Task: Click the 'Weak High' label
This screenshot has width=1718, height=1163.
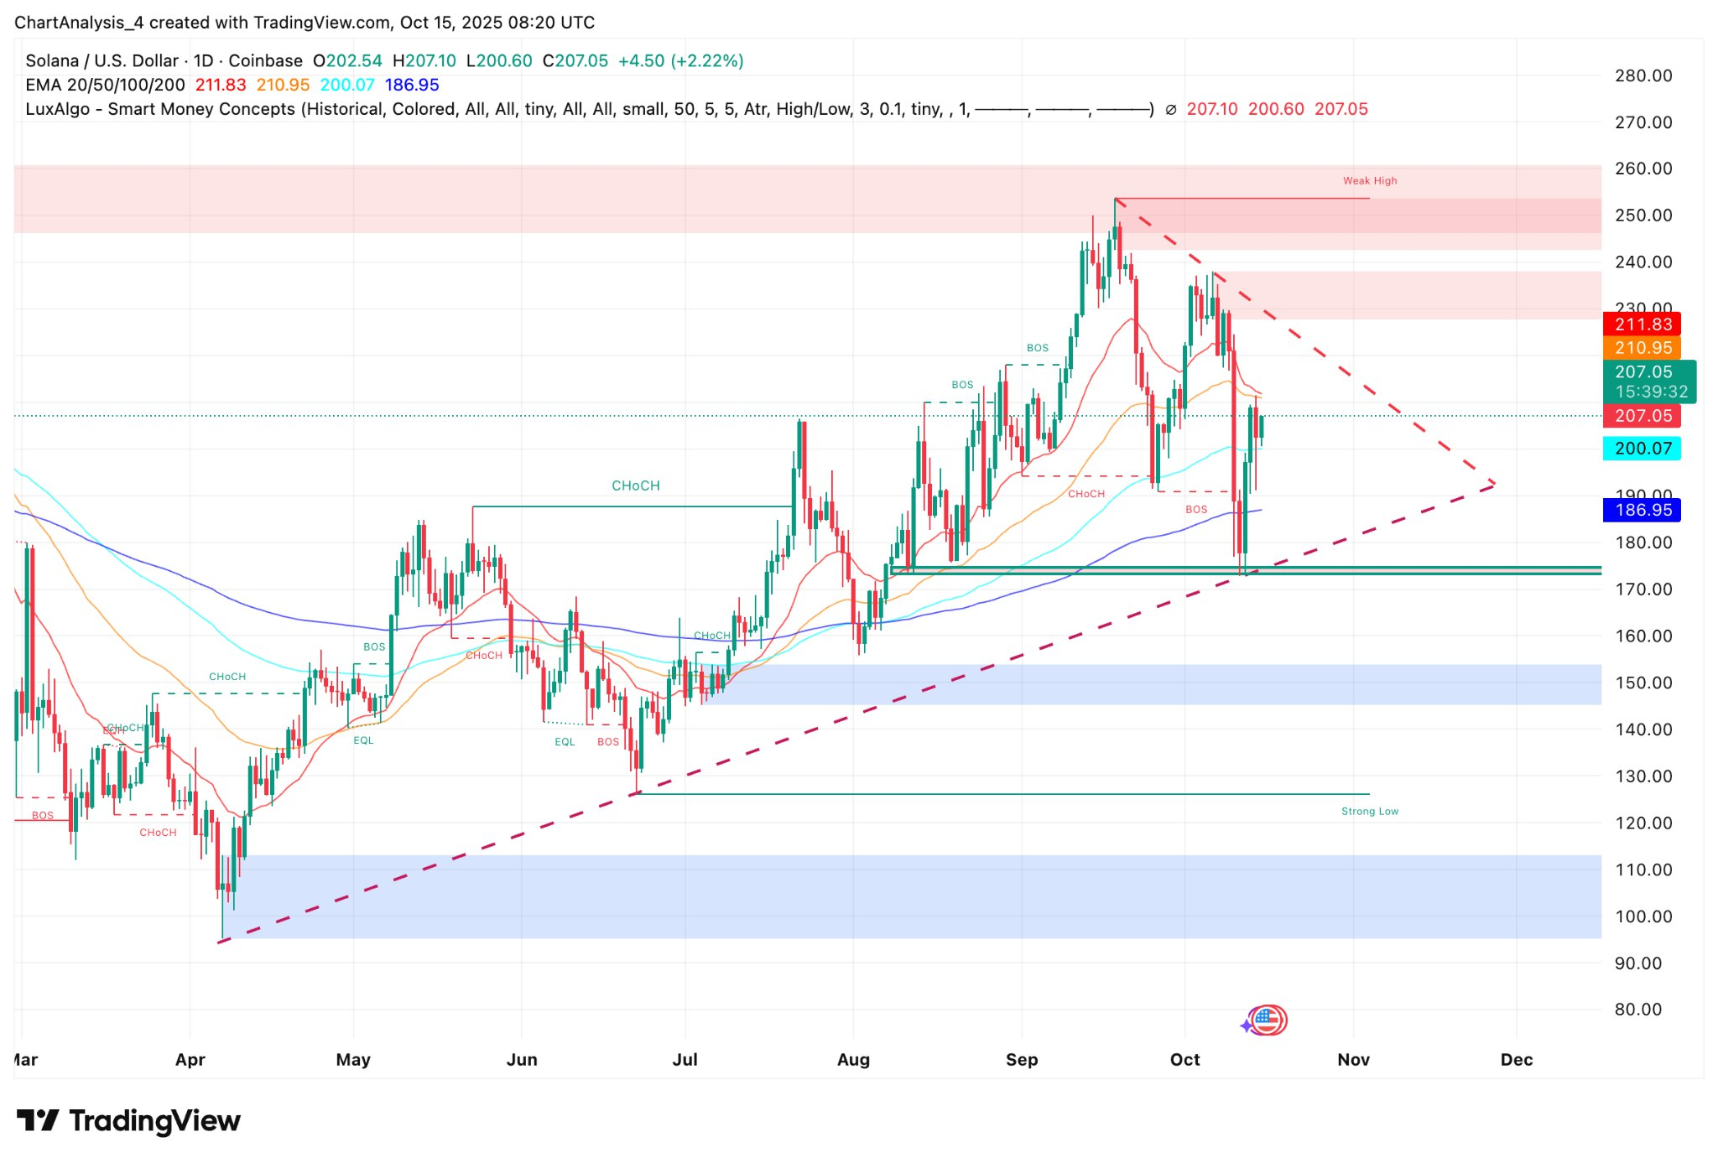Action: [x=1369, y=180]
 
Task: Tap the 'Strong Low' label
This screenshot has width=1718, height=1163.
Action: [x=1369, y=811]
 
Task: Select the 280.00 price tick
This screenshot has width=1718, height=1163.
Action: [x=1643, y=75]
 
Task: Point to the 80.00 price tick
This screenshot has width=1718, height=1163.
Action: [x=1637, y=1010]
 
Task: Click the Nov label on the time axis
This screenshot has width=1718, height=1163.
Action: [x=1353, y=1059]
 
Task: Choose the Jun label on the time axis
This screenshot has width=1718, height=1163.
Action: [x=521, y=1059]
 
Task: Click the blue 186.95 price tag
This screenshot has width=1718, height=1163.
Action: [x=1643, y=510]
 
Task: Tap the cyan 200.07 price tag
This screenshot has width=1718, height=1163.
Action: [x=1643, y=449]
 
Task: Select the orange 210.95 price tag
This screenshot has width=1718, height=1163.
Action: [x=1643, y=348]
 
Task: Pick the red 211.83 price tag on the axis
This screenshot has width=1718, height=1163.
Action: [x=1643, y=324]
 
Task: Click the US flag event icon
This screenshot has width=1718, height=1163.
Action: [x=1268, y=1020]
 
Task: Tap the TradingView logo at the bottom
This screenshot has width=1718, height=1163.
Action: [x=128, y=1121]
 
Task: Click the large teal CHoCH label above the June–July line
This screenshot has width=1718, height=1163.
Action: [x=635, y=485]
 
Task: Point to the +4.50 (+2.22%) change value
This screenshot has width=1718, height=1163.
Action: [x=680, y=61]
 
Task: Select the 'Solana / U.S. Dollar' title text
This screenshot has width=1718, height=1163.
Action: [x=102, y=61]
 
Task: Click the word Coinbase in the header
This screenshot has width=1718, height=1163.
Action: [x=265, y=61]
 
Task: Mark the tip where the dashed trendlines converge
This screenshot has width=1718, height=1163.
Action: [x=1494, y=484]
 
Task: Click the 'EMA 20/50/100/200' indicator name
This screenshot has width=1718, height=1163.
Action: [x=105, y=85]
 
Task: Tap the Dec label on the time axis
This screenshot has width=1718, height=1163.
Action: [x=1516, y=1059]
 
